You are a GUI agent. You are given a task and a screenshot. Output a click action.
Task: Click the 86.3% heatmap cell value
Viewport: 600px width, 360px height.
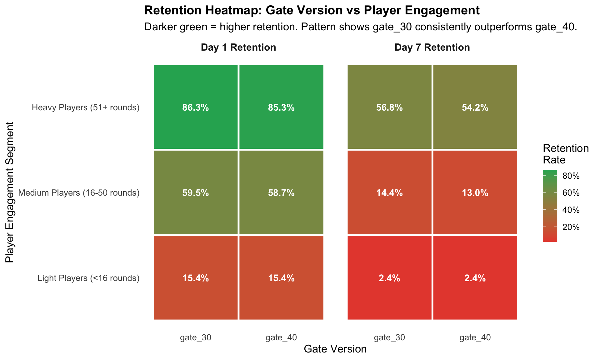pyautogui.click(x=196, y=108)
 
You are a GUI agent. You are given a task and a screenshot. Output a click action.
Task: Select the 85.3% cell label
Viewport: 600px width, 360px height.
pyautogui.click(x=281, y=108)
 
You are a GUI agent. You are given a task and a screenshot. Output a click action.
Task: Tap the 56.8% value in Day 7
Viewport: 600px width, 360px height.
pyautogui.click(x=389, y=108)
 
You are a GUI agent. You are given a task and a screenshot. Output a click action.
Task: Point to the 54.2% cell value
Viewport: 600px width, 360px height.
pyautogui.click(x=475, y=108)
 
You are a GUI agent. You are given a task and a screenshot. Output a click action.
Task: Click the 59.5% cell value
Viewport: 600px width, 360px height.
pyautogui.click(x=196, y=193)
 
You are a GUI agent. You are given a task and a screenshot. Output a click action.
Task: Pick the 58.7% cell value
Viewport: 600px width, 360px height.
pyautogui.click(x=281, y=193)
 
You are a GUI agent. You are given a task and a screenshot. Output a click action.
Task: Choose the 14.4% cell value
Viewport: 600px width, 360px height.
pyautogui.click(x=389, y=193)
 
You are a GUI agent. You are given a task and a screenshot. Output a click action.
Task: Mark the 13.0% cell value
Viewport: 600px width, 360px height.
pyautogui.click(x=475, y=193)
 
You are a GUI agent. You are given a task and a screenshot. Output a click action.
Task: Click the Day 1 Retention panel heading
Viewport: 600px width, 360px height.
pyautogui.click(x=238, y=47)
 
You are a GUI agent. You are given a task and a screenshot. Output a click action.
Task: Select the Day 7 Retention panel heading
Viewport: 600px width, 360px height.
pyautogui.click(x=432, y=47)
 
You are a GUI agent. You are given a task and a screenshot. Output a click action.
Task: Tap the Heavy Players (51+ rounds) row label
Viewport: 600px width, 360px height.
pyautogui.click(x=86, y=108)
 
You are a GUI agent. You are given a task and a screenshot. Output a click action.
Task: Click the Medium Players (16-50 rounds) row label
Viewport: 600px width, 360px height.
pyautogui.click(x=79, y=193)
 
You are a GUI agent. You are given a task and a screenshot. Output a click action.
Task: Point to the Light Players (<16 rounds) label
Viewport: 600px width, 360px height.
pyautogui.click(x=88, y=278)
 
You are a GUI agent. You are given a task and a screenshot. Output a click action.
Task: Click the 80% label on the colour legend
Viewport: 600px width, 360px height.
pyautogui.click(x=571, y=176)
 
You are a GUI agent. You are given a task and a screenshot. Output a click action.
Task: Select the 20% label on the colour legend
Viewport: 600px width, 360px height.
pyautogui.click(x=571, y=227)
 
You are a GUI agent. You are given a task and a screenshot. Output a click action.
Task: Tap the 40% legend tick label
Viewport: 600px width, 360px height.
pyautogui.click(x=571, y=210)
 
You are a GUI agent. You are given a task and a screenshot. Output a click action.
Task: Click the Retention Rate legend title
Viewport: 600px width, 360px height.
pyautogui.click(x=566, y=154)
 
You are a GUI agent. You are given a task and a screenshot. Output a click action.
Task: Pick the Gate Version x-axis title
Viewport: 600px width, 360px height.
pyautogui.click(x=335, y=349)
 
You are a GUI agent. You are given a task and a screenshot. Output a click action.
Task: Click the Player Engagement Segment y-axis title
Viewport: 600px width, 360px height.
pyautogui.click(x=10, y=192)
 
